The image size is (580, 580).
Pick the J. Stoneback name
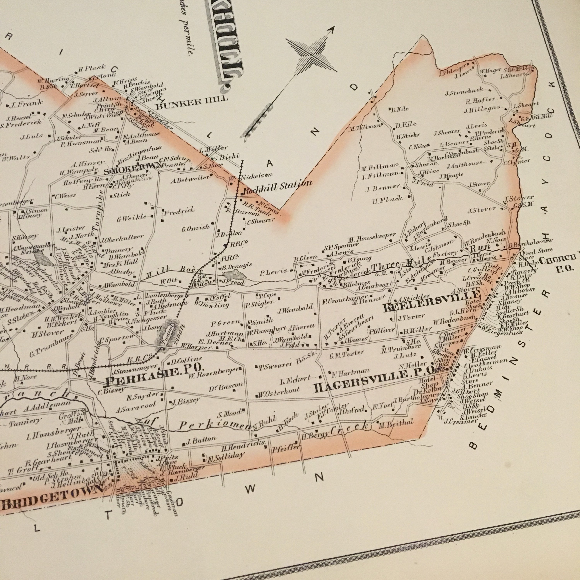pos(464,92)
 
